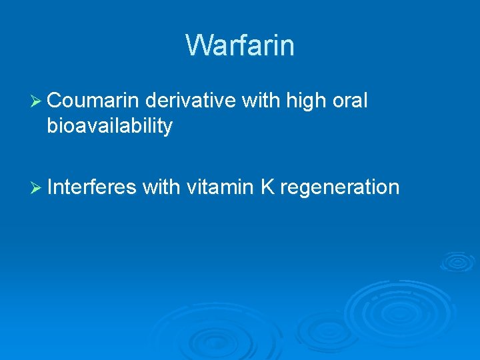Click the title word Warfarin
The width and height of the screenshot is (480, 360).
(x=240, y=45)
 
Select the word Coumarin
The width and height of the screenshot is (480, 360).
(x=93, y=101)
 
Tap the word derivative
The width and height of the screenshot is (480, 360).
(x=190, y=101)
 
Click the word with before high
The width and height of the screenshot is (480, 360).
(x=261, y=101)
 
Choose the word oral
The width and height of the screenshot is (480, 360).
(x=349, y=101)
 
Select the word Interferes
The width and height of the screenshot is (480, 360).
(x=92, y=187)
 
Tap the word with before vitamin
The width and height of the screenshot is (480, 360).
(x=161, y=187)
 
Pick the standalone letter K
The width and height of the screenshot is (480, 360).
(x=267, y=187)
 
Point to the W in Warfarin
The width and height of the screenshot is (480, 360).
(x=198, y=45)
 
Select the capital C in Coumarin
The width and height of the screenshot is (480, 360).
(x=55, y=101)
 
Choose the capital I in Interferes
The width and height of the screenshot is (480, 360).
(x=50, y=187)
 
